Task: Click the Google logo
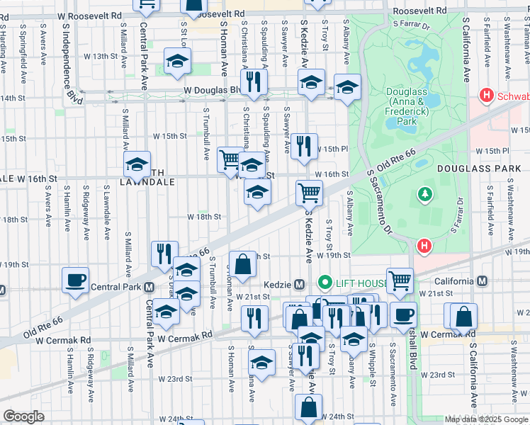tap(23, 417)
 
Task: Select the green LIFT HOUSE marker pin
tap(325, 283)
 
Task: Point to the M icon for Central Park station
tap(149, 288)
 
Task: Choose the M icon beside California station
tap(482, 281)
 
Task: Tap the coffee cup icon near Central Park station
tap(76, 280)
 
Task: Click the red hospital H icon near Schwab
tap(486, 94)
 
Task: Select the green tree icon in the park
tap(425, 193)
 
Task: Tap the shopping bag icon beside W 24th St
tap(309, 407)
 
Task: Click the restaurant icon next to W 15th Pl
tap(304, 147)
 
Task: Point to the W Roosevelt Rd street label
tap(210, 13)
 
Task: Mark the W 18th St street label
tap(205, 217)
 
